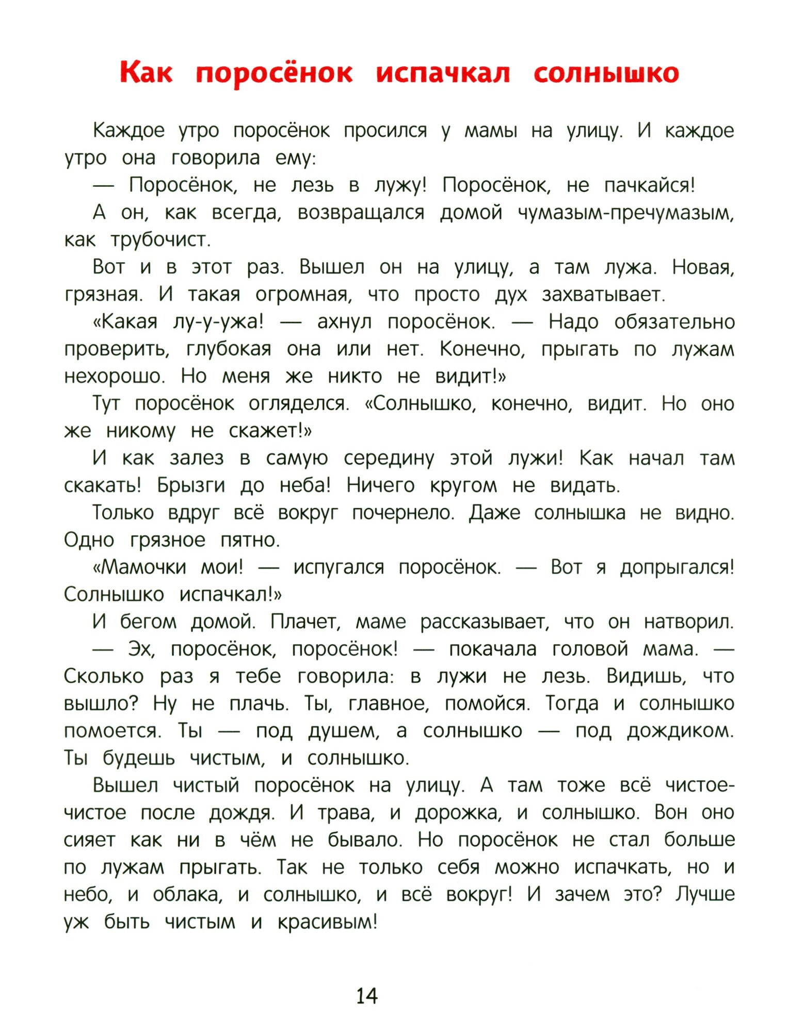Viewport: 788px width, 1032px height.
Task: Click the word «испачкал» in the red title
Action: click(443, 73)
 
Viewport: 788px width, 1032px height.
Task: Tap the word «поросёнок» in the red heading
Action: click(274, 73)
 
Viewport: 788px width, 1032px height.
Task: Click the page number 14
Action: click(367, 995)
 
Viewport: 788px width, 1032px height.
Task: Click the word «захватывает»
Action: click(603, 295)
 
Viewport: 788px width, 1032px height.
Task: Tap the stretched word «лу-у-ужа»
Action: click(218, 322)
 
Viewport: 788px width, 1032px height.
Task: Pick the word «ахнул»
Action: click(344, 322)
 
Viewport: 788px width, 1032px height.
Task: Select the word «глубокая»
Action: click(229, 349)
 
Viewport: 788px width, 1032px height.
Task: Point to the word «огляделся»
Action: click(299, 404)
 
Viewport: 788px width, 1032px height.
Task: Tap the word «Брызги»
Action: click(191, 486)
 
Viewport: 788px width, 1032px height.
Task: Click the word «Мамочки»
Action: click(139, 567)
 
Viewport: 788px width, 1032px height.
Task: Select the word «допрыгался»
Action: click(677, 567)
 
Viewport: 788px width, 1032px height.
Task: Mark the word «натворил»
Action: click(688, 622)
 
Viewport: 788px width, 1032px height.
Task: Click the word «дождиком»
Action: click(680, 731)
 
